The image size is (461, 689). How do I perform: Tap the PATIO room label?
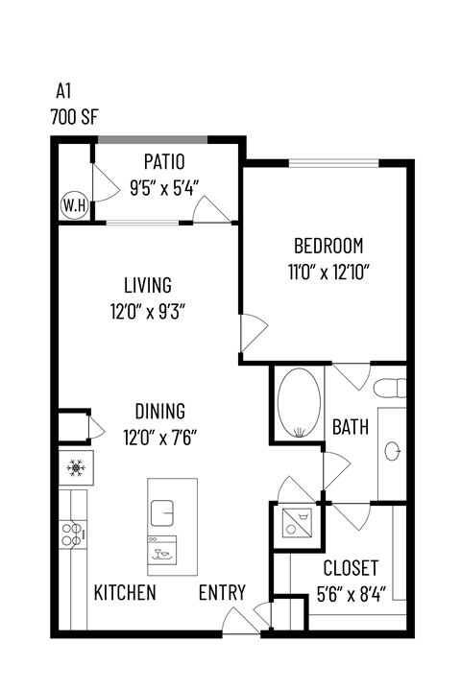pyautogui.click(x=164, y=161)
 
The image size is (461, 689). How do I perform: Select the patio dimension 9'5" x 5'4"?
pyautogui.click(x=164, y=187)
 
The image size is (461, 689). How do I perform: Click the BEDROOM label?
pyautogui.click(x=328, y=245)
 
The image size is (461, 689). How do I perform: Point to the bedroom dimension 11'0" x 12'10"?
pyautogui.click(x=328, y=271)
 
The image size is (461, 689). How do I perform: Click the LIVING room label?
pyautogui.click(x=147, y=285)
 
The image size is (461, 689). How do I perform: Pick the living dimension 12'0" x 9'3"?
pyautogui.click(x=147, y=311)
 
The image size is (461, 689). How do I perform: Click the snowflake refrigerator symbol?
pyautogui.click(x=75, y=467)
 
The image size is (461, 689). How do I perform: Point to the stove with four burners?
pyautogui.click(x=72, y=534)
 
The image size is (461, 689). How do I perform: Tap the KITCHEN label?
pyautogui.click(x=125, y=592)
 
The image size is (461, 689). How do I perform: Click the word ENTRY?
pyautogui.click(x=222, y=592)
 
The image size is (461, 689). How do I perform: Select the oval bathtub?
pyautogui.click(x=297, y=402)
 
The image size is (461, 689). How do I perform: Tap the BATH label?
pyautogui.click(x=351, y=426)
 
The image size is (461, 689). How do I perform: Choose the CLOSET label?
pyautogui.click(x=350, y=568)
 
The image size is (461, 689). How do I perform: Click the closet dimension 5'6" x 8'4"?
pyautogui.click(x=350, y=594)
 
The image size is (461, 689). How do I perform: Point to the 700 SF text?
pyautogui.click(x=76, y=119)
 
